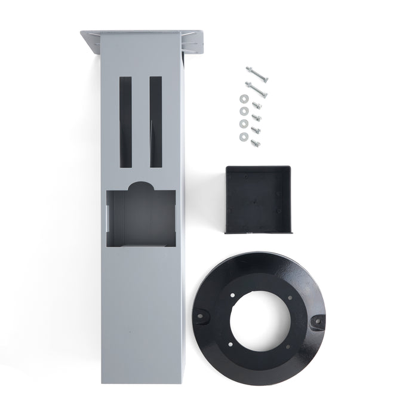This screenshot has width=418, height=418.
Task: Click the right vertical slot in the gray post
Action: [155, 121]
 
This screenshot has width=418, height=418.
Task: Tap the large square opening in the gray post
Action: [141, 218]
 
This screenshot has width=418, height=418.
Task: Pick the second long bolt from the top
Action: [256, 89]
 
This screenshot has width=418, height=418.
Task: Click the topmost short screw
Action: [256, 106]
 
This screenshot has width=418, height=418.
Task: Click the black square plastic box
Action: [257, 199]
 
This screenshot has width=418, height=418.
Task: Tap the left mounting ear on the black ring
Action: [200, 312]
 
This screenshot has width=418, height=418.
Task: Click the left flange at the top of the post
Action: [91, 42]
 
